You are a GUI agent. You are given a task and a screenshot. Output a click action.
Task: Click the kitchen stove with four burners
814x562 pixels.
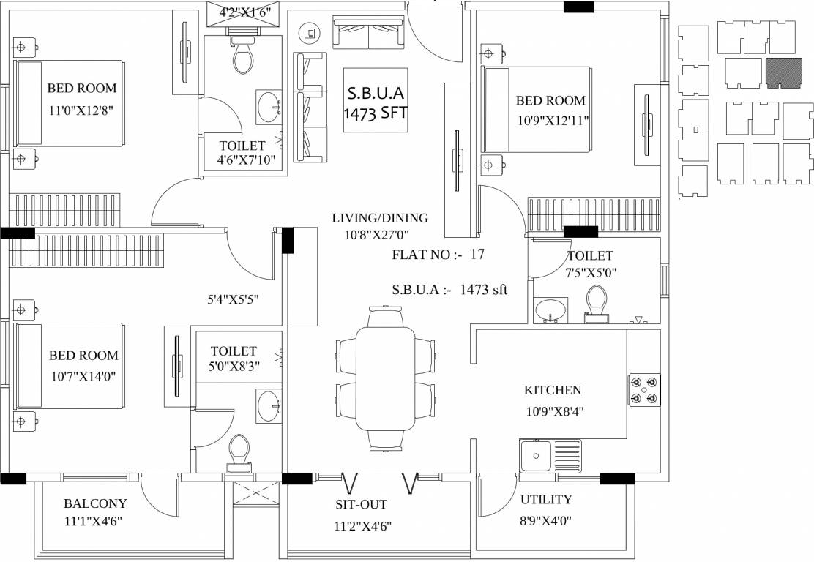pos(645,390)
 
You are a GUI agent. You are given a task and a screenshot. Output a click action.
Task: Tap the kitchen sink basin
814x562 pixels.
pos(535,456)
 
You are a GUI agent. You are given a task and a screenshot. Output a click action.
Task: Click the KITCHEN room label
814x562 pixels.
pos(553,390)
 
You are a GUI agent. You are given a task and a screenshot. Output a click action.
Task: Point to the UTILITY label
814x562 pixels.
pos(546,500)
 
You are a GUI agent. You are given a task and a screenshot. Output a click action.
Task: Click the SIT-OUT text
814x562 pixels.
pos(362,504)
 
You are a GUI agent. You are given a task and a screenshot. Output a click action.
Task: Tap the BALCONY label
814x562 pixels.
pos(95,503)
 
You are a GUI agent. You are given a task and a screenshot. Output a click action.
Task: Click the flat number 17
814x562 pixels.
pos(477,254)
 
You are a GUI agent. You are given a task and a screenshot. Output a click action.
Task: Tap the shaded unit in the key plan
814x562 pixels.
pos(780,73)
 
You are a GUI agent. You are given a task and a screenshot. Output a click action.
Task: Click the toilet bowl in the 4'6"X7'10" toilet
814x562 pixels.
pos(242,58)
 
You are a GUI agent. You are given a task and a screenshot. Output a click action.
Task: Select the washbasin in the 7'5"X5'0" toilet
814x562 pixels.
pos(550,310)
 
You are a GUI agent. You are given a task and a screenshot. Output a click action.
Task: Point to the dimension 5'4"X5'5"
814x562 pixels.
pos(233,299)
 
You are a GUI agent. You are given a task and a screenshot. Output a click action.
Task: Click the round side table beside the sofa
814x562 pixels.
pos(310,34)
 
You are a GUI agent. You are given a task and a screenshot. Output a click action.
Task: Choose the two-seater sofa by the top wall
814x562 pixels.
pos(369,33)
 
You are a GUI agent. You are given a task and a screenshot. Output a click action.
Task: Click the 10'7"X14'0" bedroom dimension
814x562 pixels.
pos(83,377)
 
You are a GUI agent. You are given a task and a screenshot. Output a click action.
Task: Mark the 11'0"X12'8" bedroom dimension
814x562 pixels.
pos(81,110)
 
